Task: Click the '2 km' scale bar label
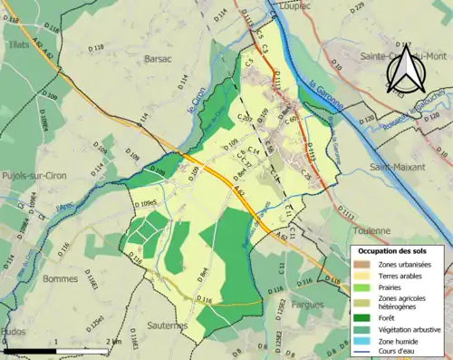113,342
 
